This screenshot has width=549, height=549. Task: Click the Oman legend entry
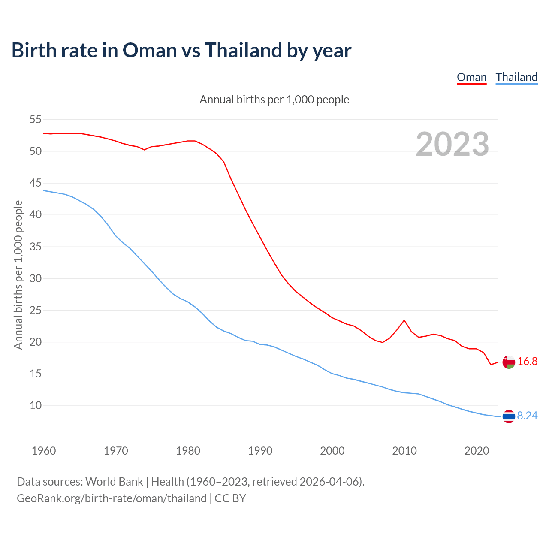tap(471, 77)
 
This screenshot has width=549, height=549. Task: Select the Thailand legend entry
tap(516, 77)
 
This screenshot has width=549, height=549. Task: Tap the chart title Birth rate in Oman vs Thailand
tap(181, 50)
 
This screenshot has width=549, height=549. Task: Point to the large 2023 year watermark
tap(452, 144)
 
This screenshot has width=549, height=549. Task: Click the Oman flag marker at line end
tap(509, 362)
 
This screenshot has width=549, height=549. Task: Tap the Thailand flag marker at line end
tap(509, 416)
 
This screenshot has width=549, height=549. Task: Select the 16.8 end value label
tap(528, 362)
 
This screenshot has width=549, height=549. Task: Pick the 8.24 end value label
tap(527, 416)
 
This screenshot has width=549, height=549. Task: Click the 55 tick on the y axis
tap(36, 120)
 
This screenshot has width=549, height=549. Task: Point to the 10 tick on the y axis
tap(36, 406)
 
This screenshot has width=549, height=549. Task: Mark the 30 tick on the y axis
tap(36, 279)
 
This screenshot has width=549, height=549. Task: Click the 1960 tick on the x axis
tap(44, 451)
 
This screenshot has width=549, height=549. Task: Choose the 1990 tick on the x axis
tap(260, 451)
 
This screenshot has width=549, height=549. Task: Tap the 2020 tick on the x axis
tap(477, 451)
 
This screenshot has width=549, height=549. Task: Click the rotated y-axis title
tap(18, 274)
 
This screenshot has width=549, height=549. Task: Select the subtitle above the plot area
tap(274, 100)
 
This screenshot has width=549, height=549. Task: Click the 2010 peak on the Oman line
tap(404, 320)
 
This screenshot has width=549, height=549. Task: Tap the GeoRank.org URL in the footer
tap(112, 498)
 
